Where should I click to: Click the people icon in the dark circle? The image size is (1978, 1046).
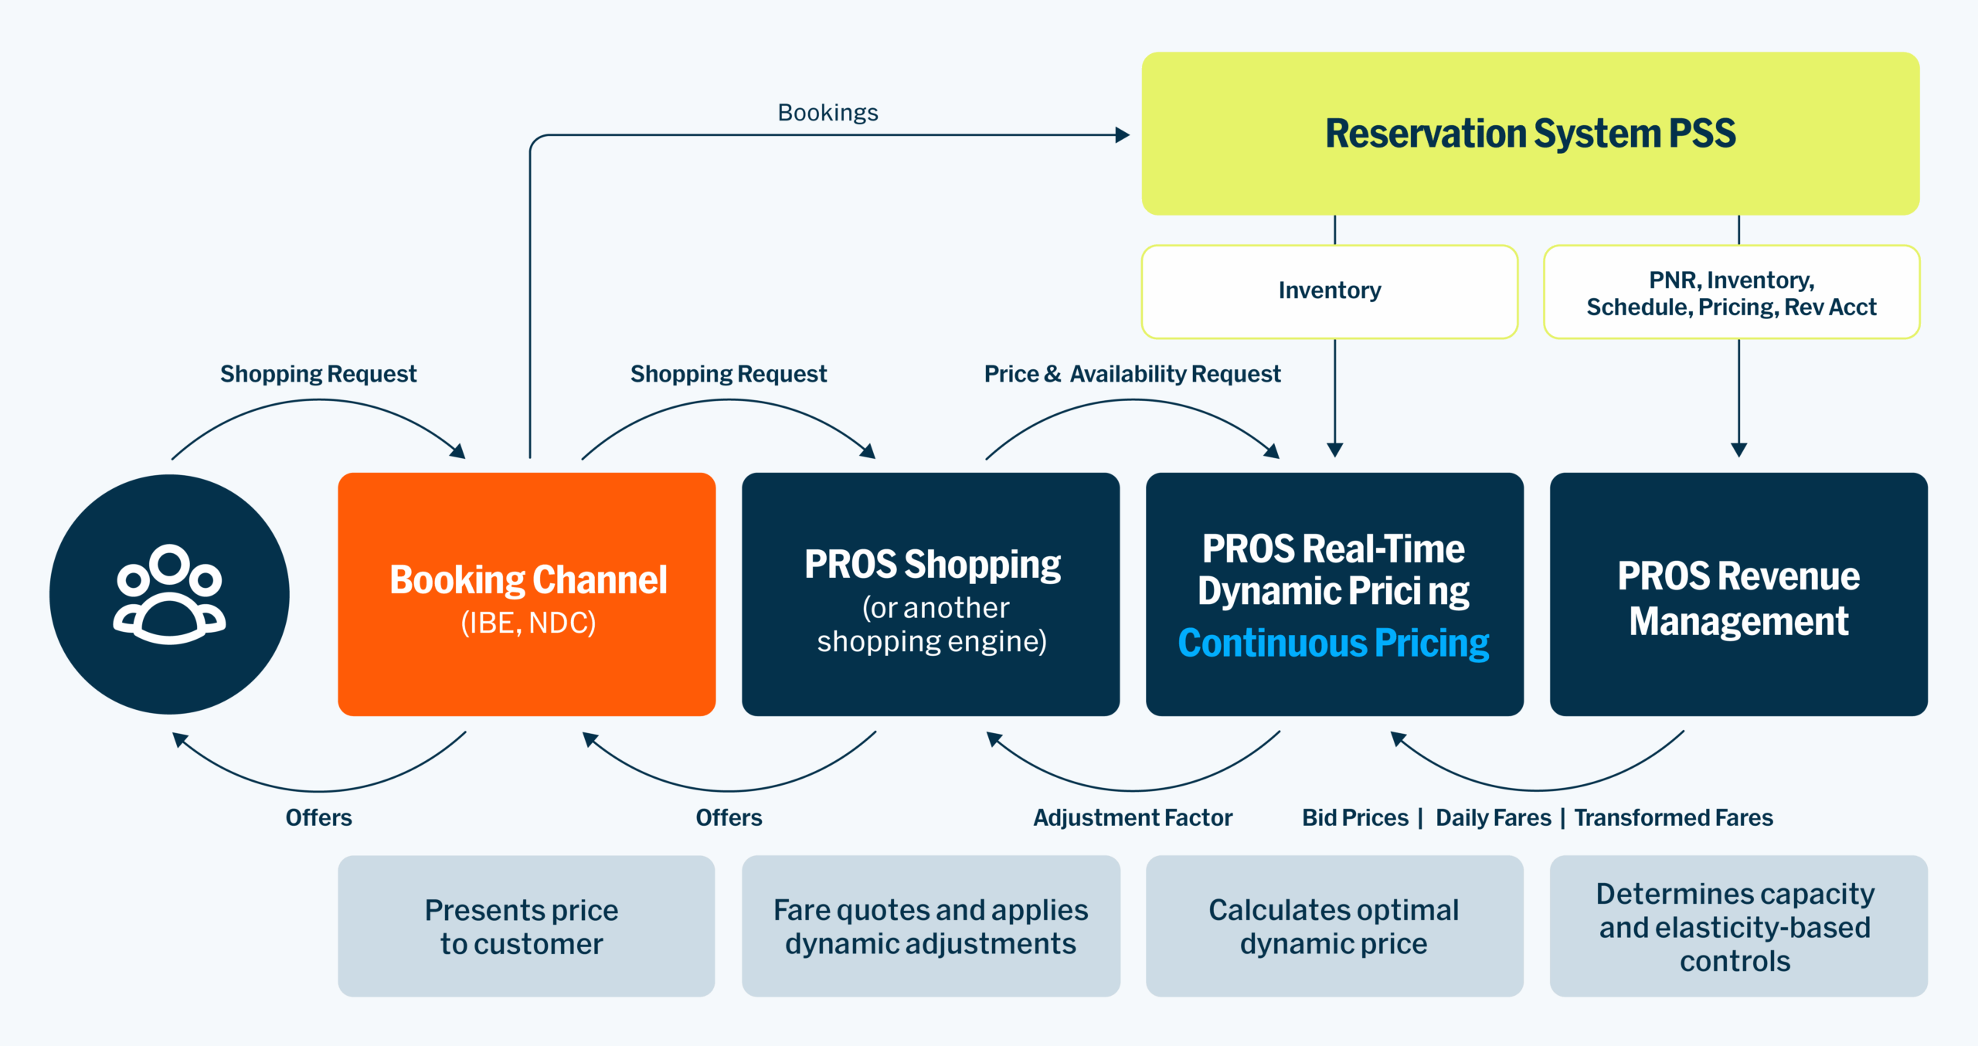pos(169,594)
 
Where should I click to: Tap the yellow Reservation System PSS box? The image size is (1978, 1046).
pos(1530,133)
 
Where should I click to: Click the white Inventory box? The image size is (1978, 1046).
pos(1329,290)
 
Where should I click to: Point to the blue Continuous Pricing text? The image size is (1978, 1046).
pos(1334,643)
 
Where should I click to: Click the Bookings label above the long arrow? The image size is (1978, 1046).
pos(828,113)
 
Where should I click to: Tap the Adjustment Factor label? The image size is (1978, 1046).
pos(1132,817)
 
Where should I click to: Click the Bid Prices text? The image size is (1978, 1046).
pos(1355,817)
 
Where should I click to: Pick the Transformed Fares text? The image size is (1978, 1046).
pos(1674,817)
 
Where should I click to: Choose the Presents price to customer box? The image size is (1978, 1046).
pos(526,925)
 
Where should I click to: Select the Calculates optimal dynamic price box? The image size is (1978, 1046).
pos(1334,925)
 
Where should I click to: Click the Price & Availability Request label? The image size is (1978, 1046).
pos(1132,374)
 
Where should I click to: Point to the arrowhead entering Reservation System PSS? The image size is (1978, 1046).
pos(1123,135)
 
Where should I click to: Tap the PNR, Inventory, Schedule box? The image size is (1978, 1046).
pos(1731,292)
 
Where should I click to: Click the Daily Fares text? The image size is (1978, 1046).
pos(1493,817)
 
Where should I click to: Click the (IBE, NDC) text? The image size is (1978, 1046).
pos(528,623)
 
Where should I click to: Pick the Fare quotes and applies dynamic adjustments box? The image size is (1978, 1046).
pos(930,925)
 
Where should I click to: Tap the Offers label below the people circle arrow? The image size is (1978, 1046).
pos(318,817)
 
